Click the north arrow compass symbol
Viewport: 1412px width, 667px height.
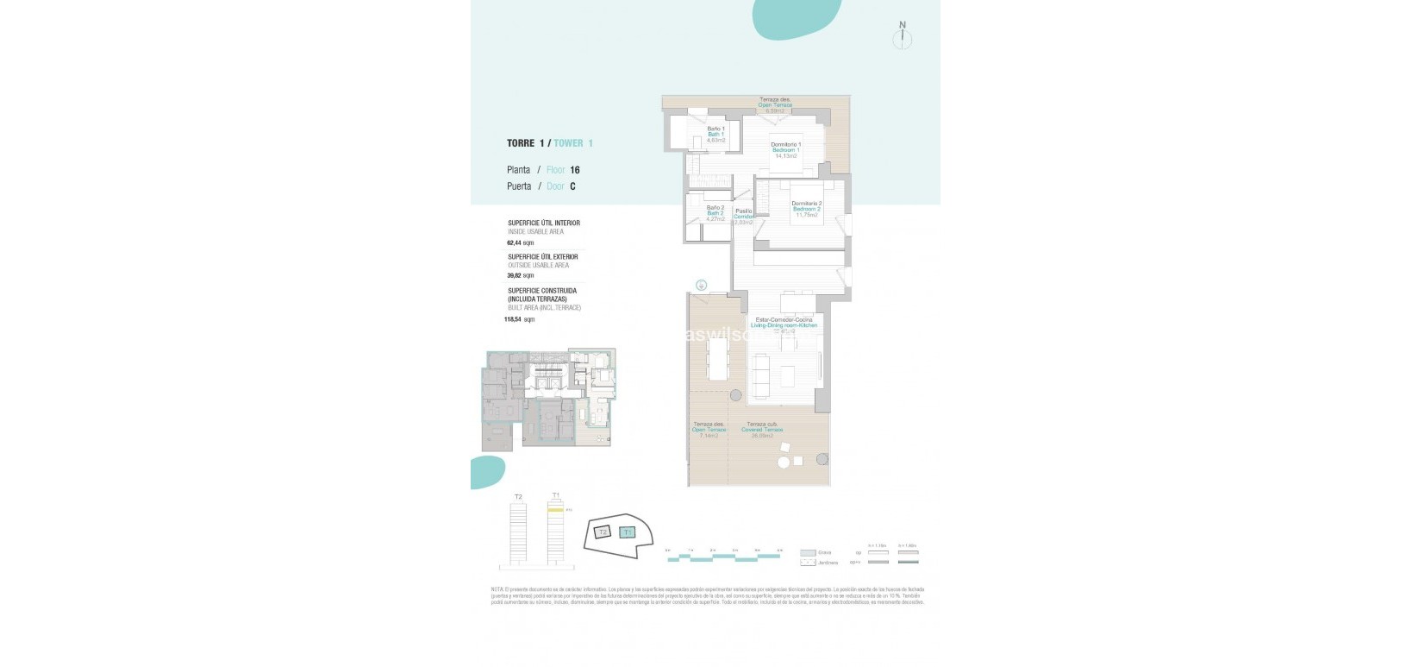pyautogui.click(x=903, y=36)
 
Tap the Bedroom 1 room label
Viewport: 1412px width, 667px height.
pyautogui.click(x=785, y=150)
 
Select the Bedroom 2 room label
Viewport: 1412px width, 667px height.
pyautogui.click(x=806, y=209)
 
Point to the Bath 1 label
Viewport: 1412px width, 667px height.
pyautogui.click(x=715, y=134)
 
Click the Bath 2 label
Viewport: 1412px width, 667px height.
pyautogui.click(x=715, y=213)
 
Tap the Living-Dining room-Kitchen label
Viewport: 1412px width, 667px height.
pyautogui.click(x=784, y=324)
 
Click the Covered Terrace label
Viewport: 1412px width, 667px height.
pyautogui.click(x=762, y=430)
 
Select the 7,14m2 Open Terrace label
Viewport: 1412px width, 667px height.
pyautogui.click(x=709, y=430)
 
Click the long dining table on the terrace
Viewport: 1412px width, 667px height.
pyautogui.click(x=716, y=358)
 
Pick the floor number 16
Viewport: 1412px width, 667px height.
pyautogui.click(x=574, y=171)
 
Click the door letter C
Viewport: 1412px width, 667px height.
pyautogui.click(x=572, y=186)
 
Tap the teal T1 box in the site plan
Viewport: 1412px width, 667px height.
pyautogui.click(x=628, y=532)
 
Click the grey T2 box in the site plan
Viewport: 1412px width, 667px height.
pyautogui.click(x=603, y=532)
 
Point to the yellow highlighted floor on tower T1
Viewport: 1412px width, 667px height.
pyautogui.click(x=556, y=511)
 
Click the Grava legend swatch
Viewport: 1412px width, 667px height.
pyautogui.click(x=807, y=552)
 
